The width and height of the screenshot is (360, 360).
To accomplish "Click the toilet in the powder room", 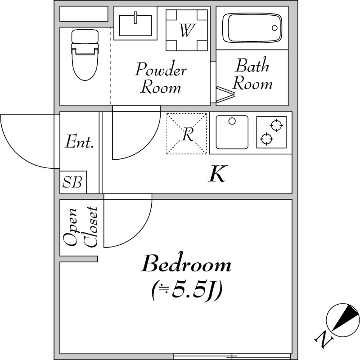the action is click(85, 55).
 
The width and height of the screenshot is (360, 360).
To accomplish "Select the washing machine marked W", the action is click(187, 30).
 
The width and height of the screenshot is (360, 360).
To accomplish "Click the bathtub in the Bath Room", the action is click(252, 28).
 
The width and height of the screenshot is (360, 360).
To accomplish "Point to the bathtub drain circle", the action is click(274, 28).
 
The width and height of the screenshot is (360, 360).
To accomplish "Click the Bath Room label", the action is click(252, 74).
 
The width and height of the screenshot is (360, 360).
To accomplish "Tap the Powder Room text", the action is click(161, 77).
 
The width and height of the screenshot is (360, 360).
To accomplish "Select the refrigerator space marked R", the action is click(186, 134).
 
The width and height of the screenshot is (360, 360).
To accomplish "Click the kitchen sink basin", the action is click(232, 132).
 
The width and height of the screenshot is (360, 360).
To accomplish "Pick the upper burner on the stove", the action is click(276, 126).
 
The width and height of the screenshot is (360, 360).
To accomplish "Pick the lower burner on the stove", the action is click(266, 139).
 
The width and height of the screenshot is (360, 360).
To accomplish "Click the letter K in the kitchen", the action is click(218, 174).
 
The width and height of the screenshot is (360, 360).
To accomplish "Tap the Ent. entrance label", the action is click(80, 142).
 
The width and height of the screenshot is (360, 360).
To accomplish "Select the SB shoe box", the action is click(73, 182).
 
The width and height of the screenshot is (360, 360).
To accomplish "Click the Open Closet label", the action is click(81, 227).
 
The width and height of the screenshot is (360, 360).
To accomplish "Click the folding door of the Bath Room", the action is click(225, 94).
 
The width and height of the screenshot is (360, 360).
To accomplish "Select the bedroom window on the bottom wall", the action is click(232, 356).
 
